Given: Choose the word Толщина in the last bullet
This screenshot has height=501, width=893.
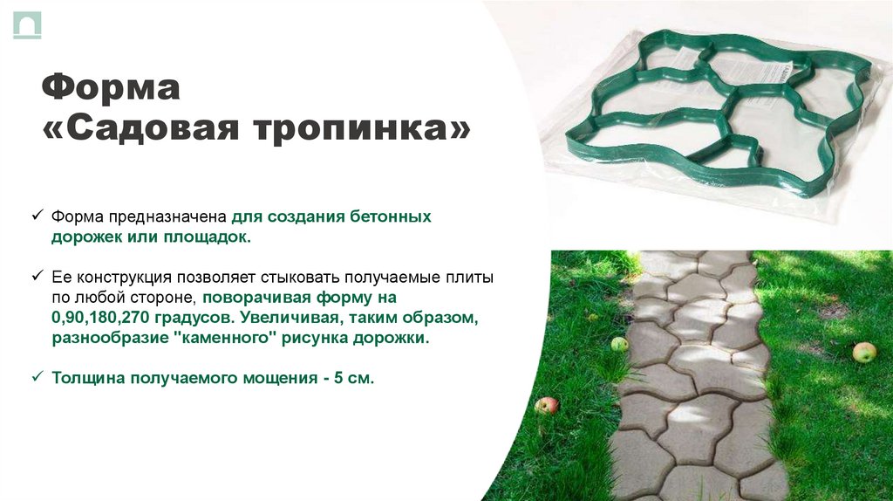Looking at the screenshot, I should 86,379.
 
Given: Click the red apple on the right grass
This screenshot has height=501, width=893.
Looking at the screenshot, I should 863,352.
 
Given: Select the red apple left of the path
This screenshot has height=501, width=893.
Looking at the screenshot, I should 547,405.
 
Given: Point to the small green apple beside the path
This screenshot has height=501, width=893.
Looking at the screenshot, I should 619,344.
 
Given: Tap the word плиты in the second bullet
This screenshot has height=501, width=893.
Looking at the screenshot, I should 472,277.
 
